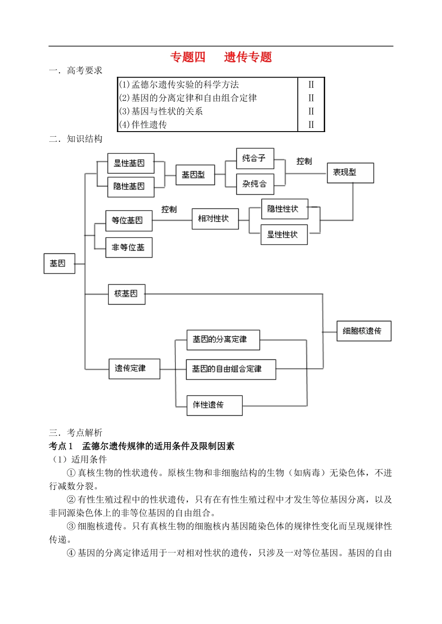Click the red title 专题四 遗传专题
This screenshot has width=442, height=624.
[x=221, y=57]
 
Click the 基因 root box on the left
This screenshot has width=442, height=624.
[x=59, y=264]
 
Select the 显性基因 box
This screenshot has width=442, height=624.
[x=130, y=163]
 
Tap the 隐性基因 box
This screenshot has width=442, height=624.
[x=130, y=186]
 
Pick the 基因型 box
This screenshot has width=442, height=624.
[x=194, y=175]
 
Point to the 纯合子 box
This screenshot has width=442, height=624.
[x=254, y=159]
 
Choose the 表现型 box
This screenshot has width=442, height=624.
[x=350, y=173]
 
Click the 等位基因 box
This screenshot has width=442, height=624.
[x=128, y=220]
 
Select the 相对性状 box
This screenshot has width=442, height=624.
[x=214, y=219]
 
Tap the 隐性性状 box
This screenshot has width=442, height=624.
[x=284, y=209]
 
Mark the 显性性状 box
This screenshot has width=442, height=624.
[x=284, y=235]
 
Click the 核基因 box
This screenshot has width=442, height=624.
[x=127, y=294]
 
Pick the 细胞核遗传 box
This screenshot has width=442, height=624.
[x=363, y=331]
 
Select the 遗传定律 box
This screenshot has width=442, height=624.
[x=134, y=368]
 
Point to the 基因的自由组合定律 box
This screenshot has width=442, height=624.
[x=230, y=369]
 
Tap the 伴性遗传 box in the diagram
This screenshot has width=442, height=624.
[x=214, y=405]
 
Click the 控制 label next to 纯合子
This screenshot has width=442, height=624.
[x=304, y=161]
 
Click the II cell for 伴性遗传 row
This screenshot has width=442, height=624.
[x=311, y=125]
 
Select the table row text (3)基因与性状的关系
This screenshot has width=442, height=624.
[x=161, y=111]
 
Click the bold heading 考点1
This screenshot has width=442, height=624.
[x=61, y=446]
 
